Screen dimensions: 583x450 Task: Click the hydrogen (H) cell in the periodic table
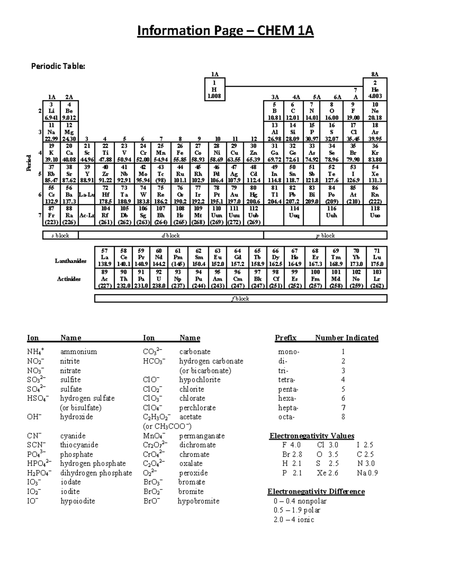click(214, 90)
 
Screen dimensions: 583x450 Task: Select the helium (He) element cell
click(375, 90)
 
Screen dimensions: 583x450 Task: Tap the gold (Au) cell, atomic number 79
click(234, 195)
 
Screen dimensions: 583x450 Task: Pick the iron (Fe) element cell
click(180, 153)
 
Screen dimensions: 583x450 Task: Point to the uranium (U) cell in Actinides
click(159, 279)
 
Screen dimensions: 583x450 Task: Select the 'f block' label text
click(240, 299)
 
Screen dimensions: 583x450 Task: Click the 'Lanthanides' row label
click(70, 261)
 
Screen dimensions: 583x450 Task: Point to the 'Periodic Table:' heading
click(58, 66)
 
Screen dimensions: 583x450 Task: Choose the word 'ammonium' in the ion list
click(78, 352)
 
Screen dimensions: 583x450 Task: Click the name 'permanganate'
click(202, 436)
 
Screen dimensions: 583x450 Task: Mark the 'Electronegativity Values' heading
click(312, 436)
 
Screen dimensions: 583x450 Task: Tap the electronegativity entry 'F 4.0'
click(291, 445)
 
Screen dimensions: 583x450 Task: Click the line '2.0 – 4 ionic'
click(294, 520)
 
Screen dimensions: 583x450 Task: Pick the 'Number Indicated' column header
click(346, 338)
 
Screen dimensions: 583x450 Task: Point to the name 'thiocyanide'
click(79, 445)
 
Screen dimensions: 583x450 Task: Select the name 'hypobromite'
click(198, 501)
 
